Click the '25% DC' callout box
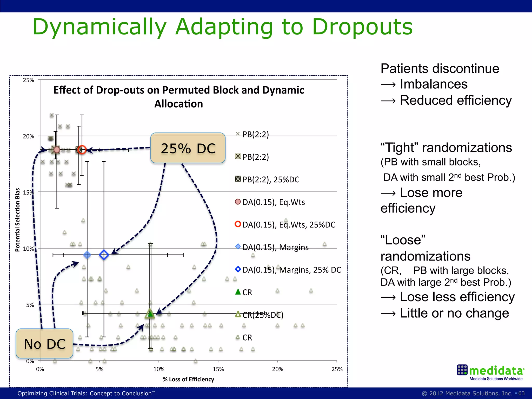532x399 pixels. coord(188,148)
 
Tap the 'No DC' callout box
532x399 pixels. coord(44,344)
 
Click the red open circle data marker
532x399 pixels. coord(82,150)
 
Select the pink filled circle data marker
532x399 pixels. coord(56,150)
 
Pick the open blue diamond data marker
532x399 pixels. coord(104,255)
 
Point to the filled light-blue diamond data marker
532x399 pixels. coord(87,255)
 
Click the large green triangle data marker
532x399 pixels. coord(150,314)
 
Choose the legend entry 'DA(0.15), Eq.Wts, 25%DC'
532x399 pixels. coord(285,225)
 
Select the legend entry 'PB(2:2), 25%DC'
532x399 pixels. coord(267,179)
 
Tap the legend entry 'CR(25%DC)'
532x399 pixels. coord(260,315)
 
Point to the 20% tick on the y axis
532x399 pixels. coord(29,136)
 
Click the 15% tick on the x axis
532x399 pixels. coord(218,369)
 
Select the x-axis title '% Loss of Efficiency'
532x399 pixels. coord(188,379)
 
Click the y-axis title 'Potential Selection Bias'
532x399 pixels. coord(17,220)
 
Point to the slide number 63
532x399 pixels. coord(521,393)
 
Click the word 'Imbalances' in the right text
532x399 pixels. coord(434,84)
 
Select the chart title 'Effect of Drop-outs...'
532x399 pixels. coord(179,97)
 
